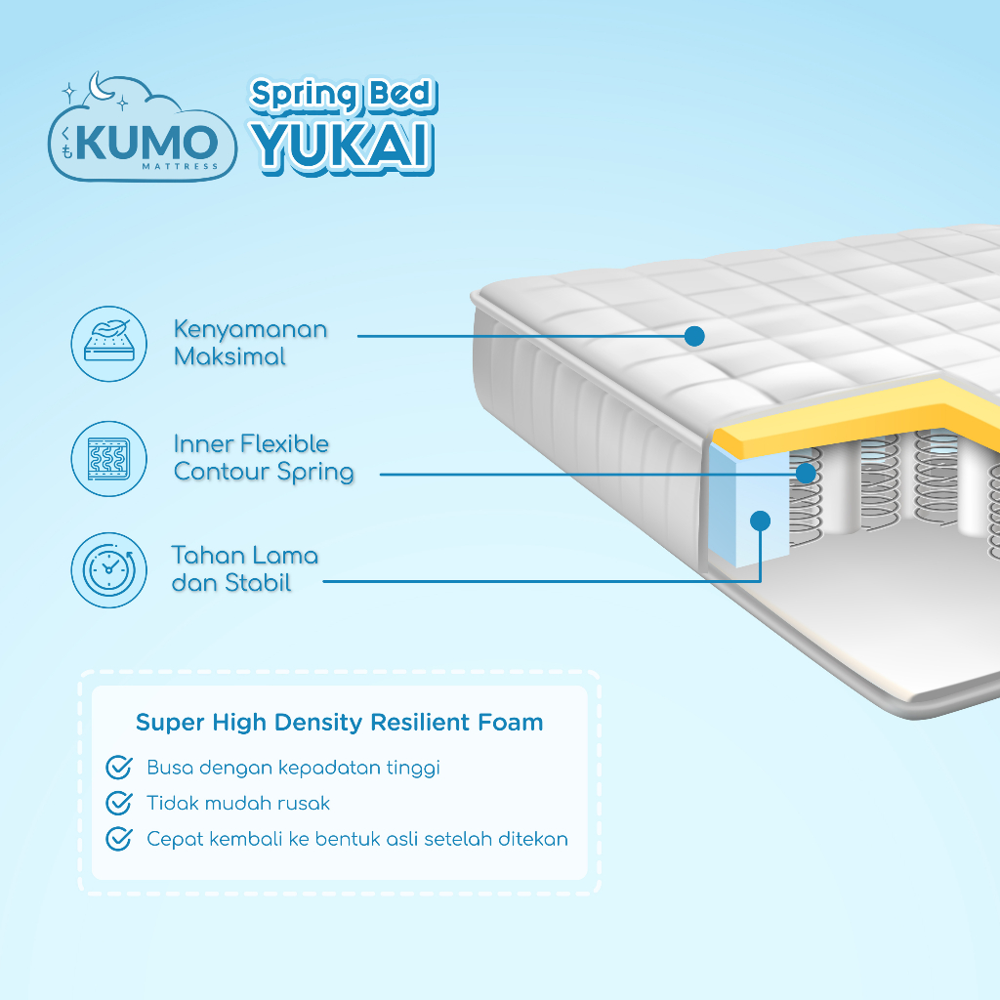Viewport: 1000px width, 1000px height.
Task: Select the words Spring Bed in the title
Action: tap(342, 95)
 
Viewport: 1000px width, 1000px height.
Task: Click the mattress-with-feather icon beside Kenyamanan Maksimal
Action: tap(108, 344)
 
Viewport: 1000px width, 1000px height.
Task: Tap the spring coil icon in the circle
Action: tap(108, 458)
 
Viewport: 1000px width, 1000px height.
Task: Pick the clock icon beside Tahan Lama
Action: tap(108, 570)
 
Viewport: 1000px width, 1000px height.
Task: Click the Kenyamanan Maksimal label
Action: tap(250, 343)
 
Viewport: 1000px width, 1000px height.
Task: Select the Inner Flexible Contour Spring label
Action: tap(264, 458)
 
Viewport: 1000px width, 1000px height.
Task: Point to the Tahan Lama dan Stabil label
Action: tap(245, 570)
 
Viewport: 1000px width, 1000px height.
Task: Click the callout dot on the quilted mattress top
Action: tap(694, 336)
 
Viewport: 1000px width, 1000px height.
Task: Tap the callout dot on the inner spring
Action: tap(806, 474)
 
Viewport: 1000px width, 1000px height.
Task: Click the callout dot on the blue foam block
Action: tap(760, 521)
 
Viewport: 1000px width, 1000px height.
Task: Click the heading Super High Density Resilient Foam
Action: tap(339, 723)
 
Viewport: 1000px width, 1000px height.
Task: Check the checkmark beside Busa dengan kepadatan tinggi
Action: tap(118, 768)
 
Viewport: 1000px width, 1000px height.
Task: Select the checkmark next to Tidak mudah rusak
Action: tap(118, 803)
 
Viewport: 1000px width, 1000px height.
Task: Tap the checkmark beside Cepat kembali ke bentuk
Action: tap(118, 839)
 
